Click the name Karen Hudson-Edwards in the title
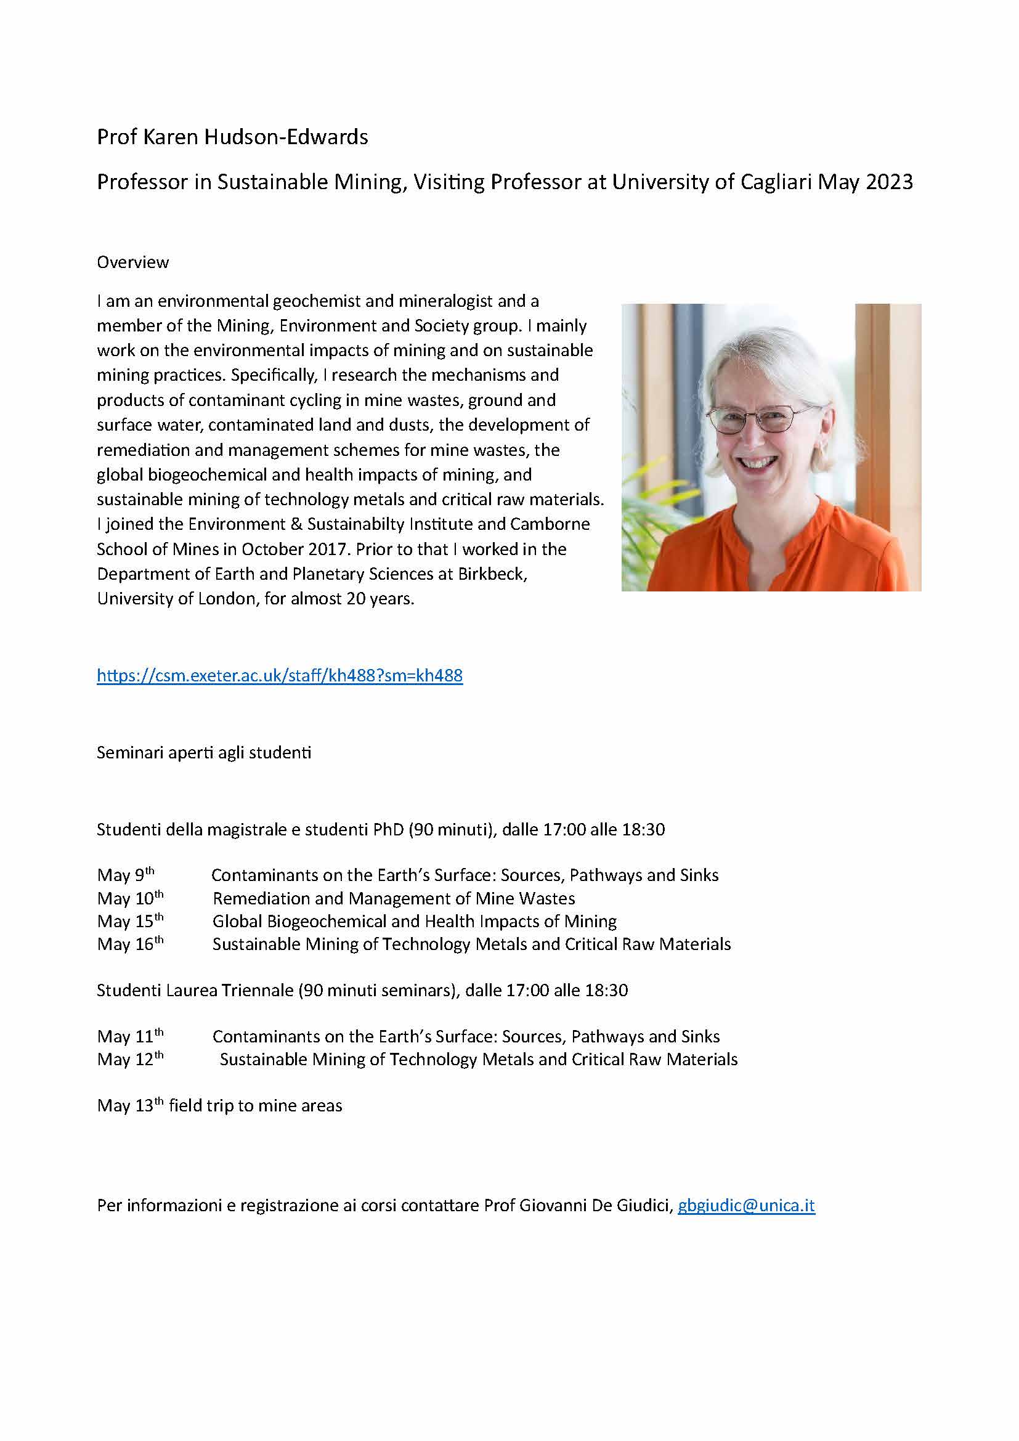click(x=256, y=137)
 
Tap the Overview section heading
click(x=132, y=262)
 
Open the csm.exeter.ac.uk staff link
click(x=279, y=675)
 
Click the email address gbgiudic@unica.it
click(x=746, y=1206)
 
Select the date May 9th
click(x=126, y=875)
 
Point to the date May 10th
click(x=130, y=898)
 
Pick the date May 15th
click(x=130, y=921)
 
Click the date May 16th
click(x=130, y=944)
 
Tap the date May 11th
click(x=130, y=1036)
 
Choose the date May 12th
click(x=130, y=1060)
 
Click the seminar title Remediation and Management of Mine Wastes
click(x=394, y=899)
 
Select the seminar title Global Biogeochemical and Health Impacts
click(x=414, y=921)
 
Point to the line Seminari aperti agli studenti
click(x=204, y=752)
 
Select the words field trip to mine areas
click(x=256, y=1106)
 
